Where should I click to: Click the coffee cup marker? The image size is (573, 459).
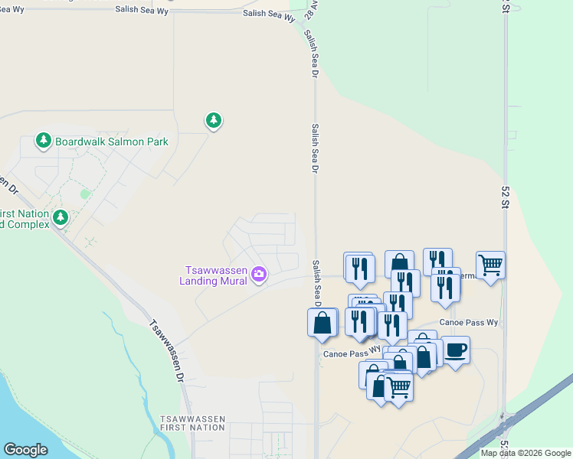pyautogui.click(x=456, y=350)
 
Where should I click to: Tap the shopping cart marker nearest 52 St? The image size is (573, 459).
pyautogui.click(x=490, y=265)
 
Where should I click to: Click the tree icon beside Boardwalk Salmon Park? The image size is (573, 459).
pyautogui.click(x=44, y=142)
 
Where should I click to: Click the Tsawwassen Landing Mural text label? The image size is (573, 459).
pyautogui.click(x=215, y=275)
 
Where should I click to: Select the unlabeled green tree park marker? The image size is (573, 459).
pyautogui.click(x=214, y=120)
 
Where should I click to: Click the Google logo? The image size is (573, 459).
pyautogui.click(x=25, y=450)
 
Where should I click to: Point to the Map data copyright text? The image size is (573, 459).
pyautogui.click(x=525, y=453)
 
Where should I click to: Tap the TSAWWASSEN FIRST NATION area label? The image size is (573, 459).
pyautogui.click(x=192, y=423)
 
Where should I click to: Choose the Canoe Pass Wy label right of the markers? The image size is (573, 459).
pyautogui.click(x=469, y=323)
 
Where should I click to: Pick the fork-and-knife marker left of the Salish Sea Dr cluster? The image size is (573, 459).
pyautogui.click(x=359, y=267)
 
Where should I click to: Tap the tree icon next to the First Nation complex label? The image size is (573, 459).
pyautogui.click(x=61, y=218)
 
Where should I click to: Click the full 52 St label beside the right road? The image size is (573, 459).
pyautogui.click(x=505, y=197)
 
